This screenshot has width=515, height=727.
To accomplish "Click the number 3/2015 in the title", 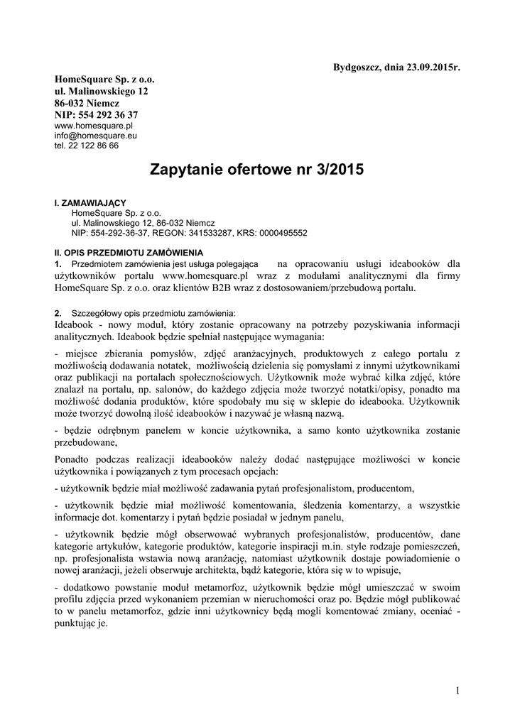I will coord(336,170).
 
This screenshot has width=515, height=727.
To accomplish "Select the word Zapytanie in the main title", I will coord(187,170).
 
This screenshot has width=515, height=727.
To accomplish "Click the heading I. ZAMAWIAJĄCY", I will coord(90,203).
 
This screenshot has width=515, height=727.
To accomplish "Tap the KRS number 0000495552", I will coord(283,232).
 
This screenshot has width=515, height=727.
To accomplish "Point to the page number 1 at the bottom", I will coord(458,691).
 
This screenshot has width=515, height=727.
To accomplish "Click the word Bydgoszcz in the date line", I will coord(357,67).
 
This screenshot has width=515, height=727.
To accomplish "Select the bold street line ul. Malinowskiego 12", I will coord(102,92).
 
